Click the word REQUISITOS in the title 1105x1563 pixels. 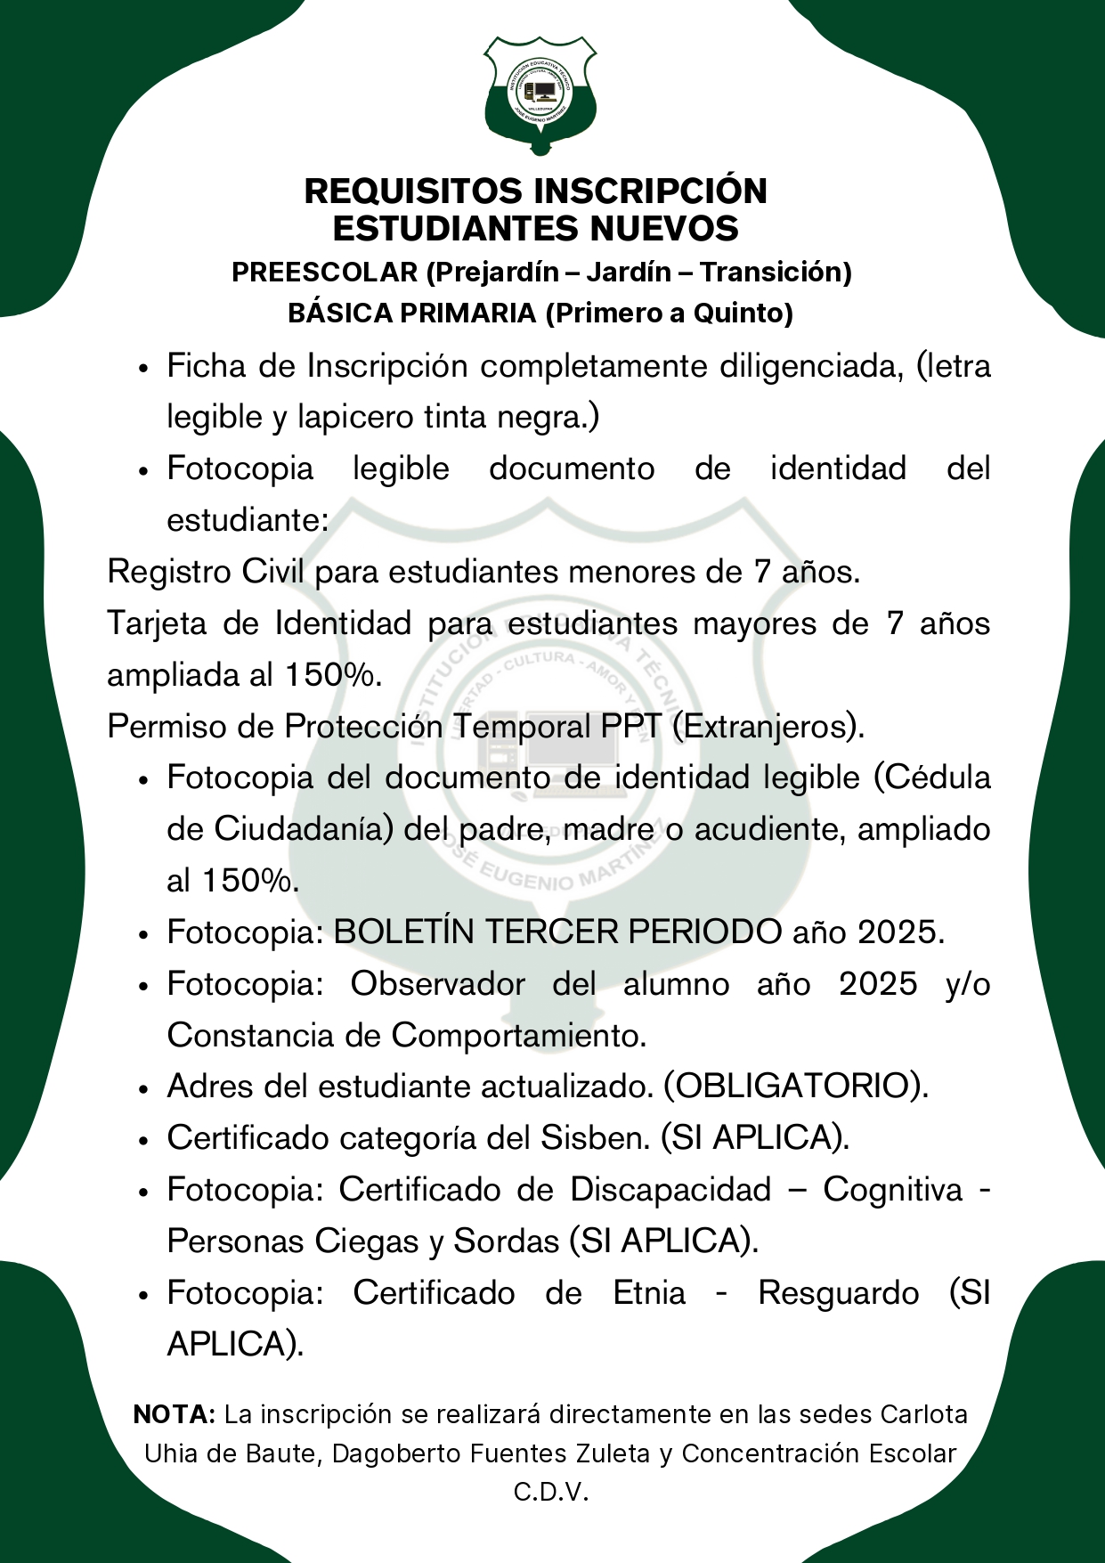pos(413,191)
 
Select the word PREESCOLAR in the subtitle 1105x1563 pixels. pos(324,272)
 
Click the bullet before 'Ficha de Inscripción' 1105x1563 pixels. pos(142,368)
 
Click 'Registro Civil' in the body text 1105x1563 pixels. pos(207,572)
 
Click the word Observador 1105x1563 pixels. pos(437,984)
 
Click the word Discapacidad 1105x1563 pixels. pos(670,1190)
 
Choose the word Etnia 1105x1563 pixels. pos(650,1293)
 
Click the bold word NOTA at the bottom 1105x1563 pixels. pos(175,1414)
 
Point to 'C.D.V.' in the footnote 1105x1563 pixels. pos(552,1493)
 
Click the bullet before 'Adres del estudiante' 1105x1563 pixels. pos(142,1088)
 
